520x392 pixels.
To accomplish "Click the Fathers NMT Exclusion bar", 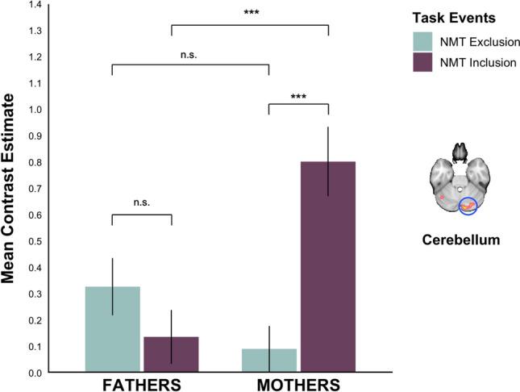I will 112,329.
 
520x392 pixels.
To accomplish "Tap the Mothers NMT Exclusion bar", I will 269,360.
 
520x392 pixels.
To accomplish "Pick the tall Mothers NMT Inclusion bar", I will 328,267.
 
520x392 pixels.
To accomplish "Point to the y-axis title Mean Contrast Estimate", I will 10,188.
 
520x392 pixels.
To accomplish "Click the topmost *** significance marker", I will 251,13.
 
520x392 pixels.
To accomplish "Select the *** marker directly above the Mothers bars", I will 299,98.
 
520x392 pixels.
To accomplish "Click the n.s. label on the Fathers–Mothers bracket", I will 191,56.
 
